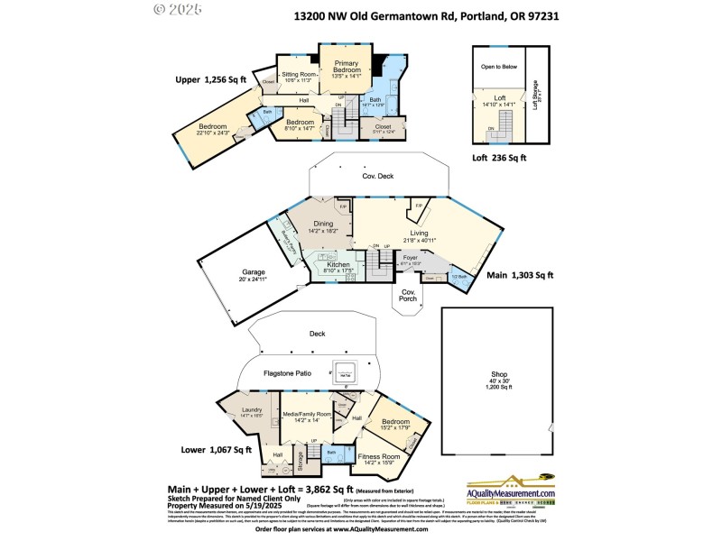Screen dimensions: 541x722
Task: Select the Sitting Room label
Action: coord(298,77)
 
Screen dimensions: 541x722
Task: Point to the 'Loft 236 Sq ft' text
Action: coord(499,157)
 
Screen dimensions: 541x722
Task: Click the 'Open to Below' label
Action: coord(498,67)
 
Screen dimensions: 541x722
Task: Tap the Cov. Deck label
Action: coord(378,177)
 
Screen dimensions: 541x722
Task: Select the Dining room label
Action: coord(323,226)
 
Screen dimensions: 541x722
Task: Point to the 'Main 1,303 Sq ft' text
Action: coord(520,276)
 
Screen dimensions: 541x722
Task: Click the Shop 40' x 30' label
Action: coord(498,382)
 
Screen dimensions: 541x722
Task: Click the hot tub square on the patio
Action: coord(346,371)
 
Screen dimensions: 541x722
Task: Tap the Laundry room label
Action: coord(251,412)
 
